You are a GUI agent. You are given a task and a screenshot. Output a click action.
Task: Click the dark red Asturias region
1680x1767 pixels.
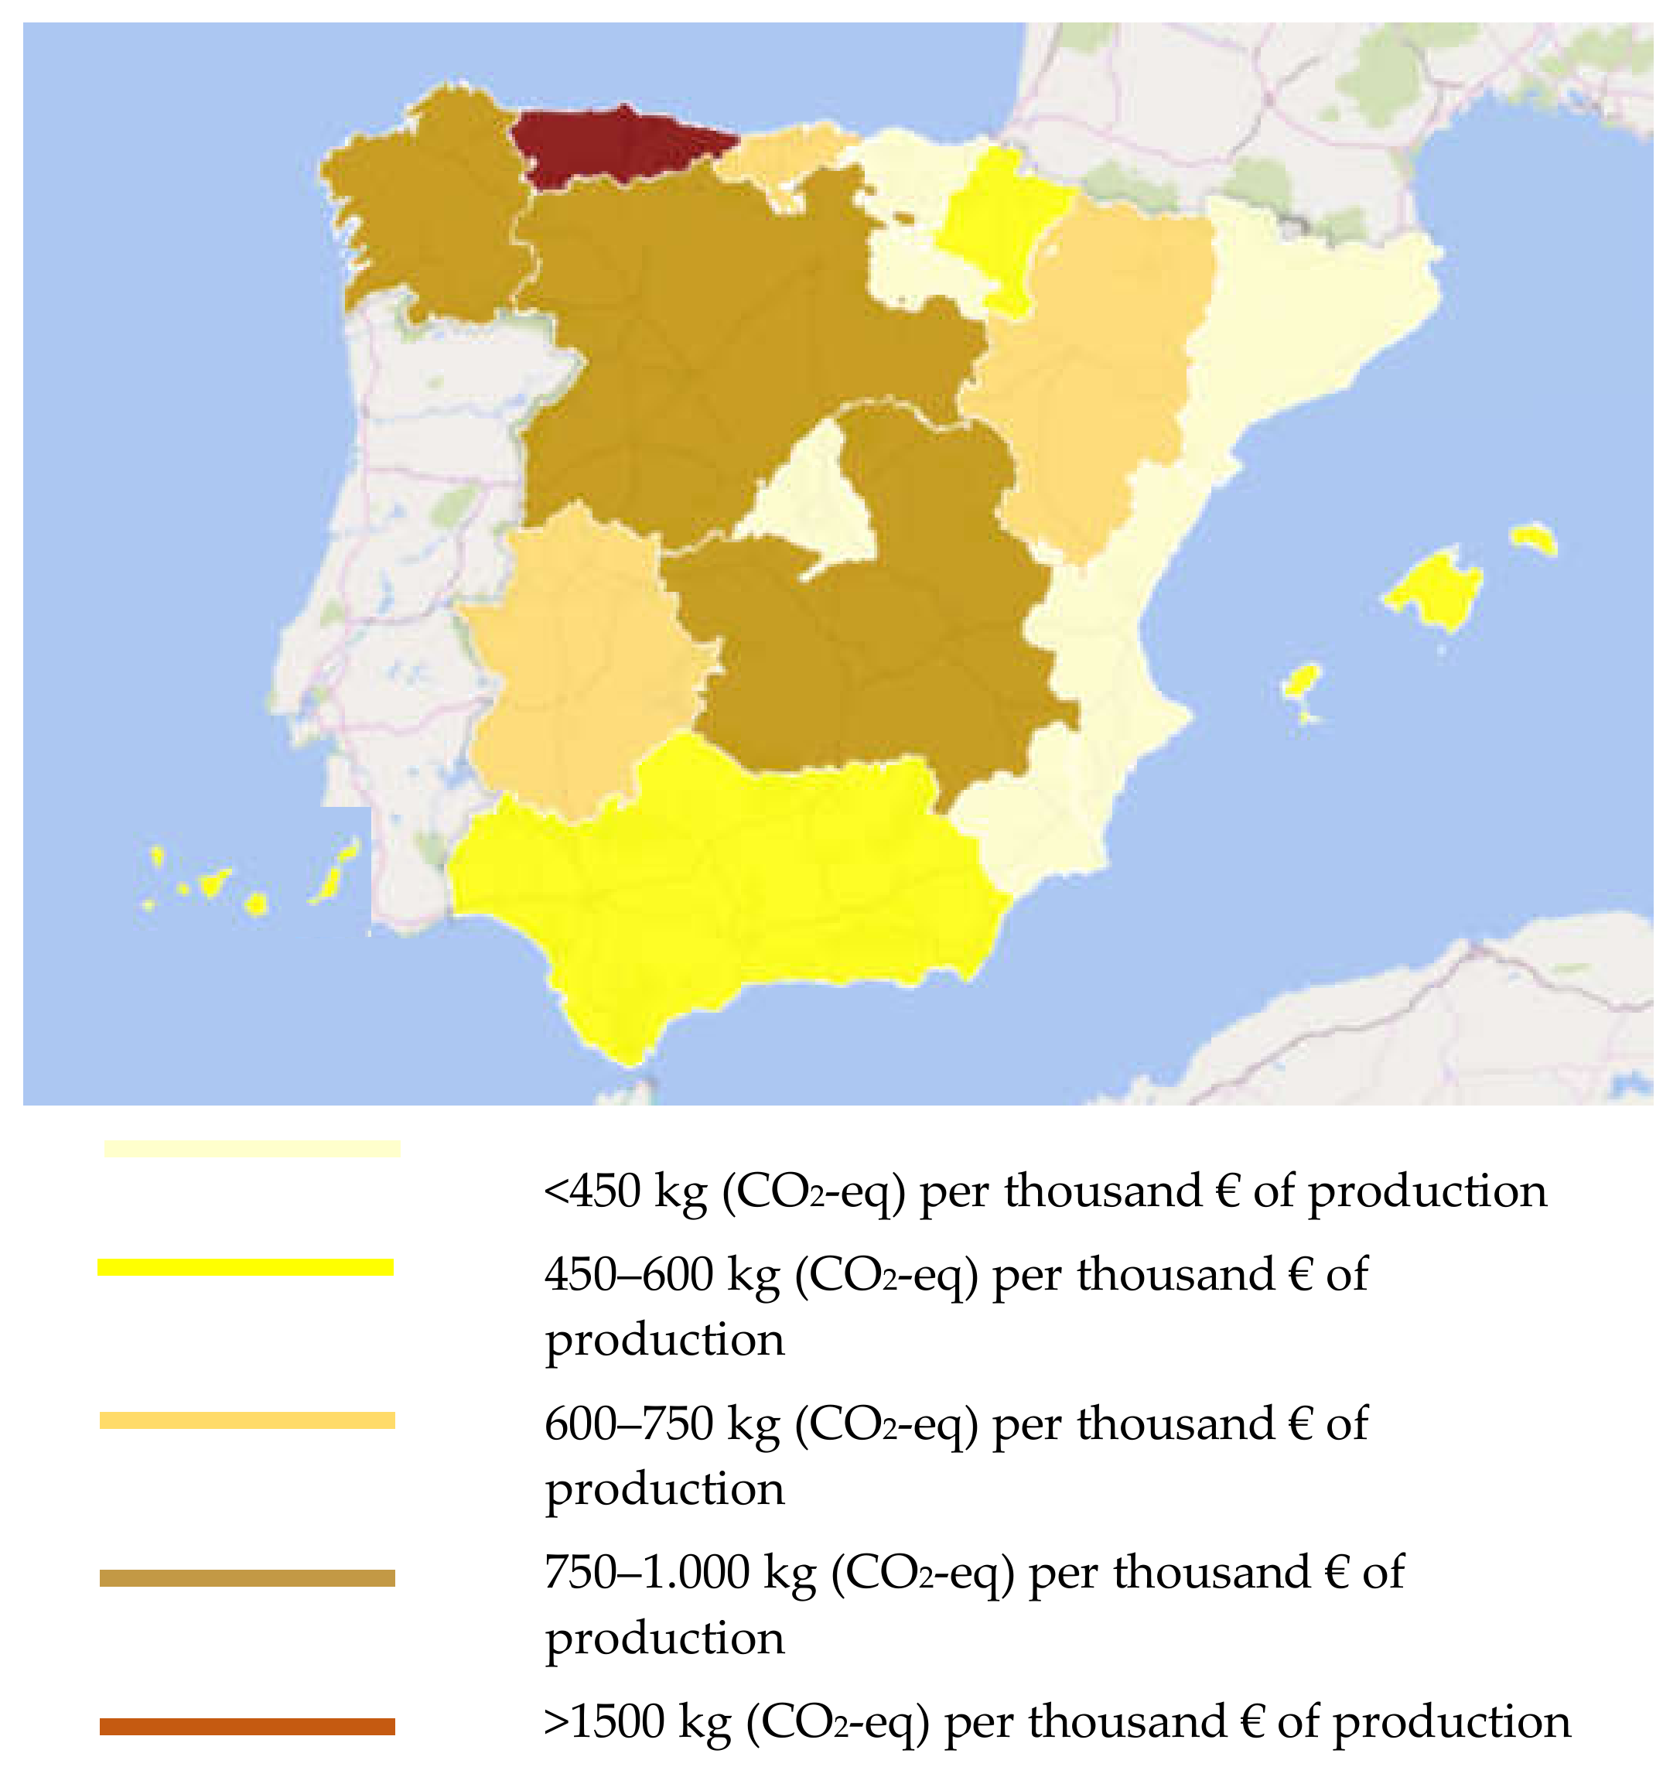tap(618, 148)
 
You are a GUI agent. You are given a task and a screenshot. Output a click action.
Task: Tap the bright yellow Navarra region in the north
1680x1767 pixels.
tap(999, 224)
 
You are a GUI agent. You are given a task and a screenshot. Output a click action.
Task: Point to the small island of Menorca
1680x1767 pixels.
tap(1534, 539)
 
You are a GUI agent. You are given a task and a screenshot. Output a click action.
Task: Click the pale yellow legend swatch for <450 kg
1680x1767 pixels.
tap(251, 1148)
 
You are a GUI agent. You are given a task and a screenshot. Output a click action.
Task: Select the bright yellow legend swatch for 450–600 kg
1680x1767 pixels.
tap(245, 1267)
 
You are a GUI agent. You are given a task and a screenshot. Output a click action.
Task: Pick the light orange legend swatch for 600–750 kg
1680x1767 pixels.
tap(248, 1420)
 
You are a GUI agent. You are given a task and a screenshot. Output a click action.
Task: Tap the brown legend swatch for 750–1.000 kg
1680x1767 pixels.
tap(248, 1578)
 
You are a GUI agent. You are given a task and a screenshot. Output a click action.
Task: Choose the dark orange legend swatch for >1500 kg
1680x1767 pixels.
tap(248, 1727)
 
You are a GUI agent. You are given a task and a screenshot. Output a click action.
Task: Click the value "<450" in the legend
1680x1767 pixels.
tap(592, 1192)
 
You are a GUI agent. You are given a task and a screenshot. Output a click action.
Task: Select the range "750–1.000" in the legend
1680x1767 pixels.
tap(647, 1574)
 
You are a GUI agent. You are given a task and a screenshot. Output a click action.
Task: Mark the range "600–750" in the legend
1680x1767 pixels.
tap(629, 1424)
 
